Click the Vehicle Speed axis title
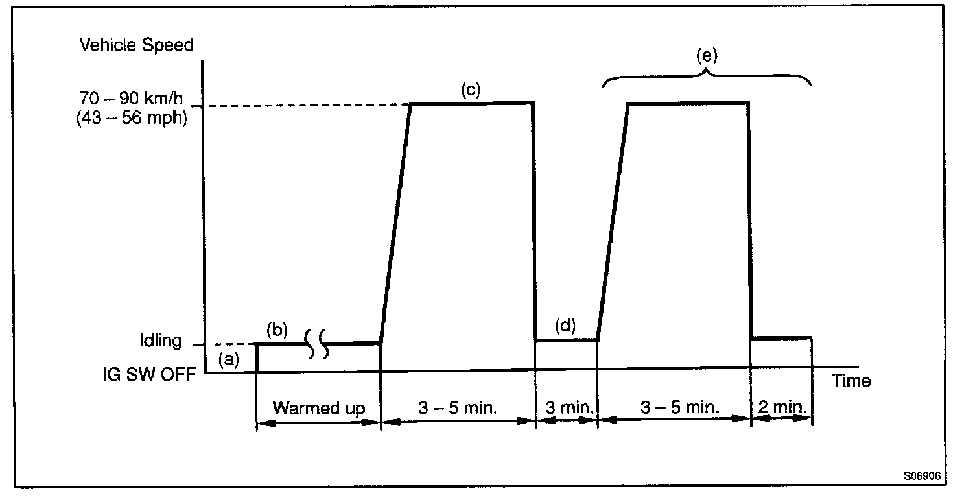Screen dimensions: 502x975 [136, 45]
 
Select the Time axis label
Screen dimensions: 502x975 [852, 381]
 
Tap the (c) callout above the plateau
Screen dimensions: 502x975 [471, 90]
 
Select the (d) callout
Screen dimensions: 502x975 [565, 325]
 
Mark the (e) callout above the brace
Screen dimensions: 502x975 [707, 56]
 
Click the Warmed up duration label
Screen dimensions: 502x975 [318, 409]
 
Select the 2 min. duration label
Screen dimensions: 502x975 [781, 409]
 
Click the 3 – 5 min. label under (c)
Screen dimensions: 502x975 [458, 409]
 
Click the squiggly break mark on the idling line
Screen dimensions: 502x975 [317, 344]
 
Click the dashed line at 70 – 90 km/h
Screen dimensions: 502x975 [305, 106]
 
